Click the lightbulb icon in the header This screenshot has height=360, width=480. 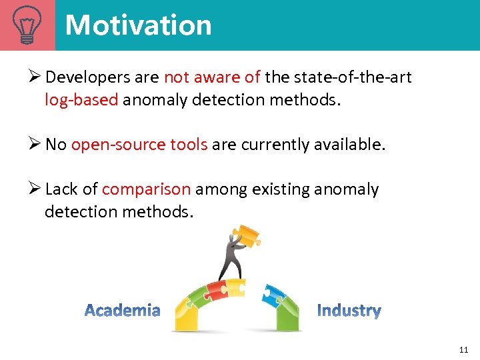[x=27, y=25]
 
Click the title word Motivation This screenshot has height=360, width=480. [x=138, y=25]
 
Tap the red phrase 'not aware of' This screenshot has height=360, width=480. [x=212, y=77]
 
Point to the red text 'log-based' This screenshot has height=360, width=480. [x=81, y=99]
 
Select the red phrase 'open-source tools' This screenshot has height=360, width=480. [x=139, y=145]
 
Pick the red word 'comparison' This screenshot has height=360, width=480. [x=146, y=189]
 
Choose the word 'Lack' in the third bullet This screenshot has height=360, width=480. [x=61, y=189]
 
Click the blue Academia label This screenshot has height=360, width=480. [x=123, y=310]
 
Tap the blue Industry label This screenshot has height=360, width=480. [x=349, y=311]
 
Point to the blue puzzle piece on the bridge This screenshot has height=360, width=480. [x=273, y=294]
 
